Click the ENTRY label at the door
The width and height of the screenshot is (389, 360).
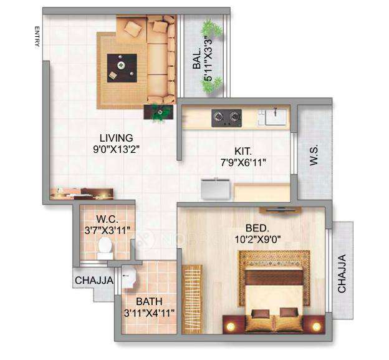coord(37,37)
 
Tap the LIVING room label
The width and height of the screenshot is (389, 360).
coord(117,138)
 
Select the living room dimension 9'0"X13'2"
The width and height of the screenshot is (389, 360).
coord(117,150)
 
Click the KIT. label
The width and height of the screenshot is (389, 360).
coord(244,151)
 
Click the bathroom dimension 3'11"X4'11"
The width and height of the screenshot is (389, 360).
coord(148,313)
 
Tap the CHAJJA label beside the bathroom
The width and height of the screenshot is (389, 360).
coord(94,281)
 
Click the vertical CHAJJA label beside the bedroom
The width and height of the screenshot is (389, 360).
coord(342,273)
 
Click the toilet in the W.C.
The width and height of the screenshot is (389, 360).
coord(105,250)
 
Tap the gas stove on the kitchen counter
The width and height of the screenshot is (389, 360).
coord(226,116)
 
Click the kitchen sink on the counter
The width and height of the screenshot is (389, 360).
coord(272,115)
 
